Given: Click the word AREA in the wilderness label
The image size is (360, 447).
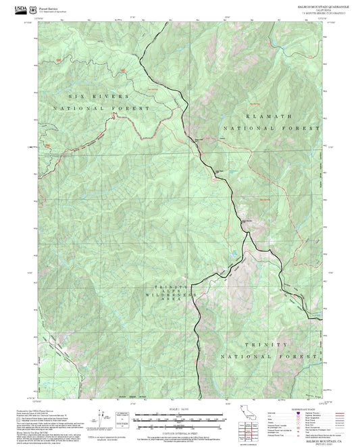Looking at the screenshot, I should (x=172, y=307).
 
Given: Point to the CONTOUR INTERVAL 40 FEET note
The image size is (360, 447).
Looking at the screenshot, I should (x=180, y=427).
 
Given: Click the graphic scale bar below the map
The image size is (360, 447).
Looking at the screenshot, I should (x=180, y=417).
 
